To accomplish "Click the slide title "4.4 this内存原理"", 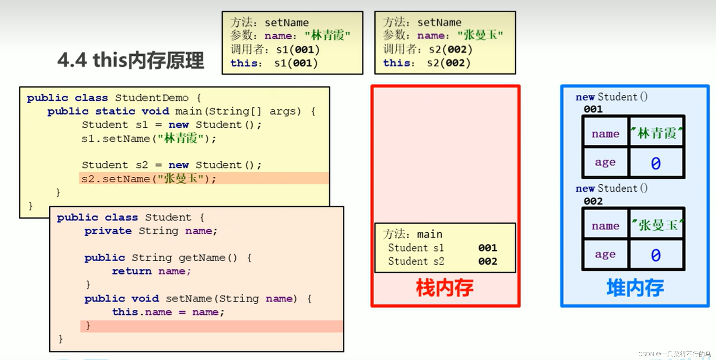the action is click(x=130, y=60).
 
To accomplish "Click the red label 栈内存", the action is click(x=445, y=288).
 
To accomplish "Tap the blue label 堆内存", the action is click(x=635, y=288).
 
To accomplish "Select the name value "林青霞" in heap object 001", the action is click(x=656, y=133).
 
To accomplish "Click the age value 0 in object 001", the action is click(x=656, y=163).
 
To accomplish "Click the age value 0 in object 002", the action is click(x=656, y=255).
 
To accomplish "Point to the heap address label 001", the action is click(x=593, y=109).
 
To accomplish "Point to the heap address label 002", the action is click(x=593, y=201).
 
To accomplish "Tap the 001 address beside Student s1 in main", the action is click(x=487, y=248).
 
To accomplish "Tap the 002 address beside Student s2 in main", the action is click(x=487, y=261).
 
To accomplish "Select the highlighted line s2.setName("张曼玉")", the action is click(x=149, y=179).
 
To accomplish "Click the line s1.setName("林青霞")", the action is click(x=149, y=138).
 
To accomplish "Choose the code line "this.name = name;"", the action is click(x=168, y=312).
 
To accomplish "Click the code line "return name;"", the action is click(x=151, y=271).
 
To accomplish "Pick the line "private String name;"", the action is click(x=151, y=231).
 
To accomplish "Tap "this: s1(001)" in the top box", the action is click(x=274, y=63).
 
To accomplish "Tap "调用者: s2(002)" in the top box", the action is click(x=427, y=49).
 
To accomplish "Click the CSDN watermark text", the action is click(x=674, y=354).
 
